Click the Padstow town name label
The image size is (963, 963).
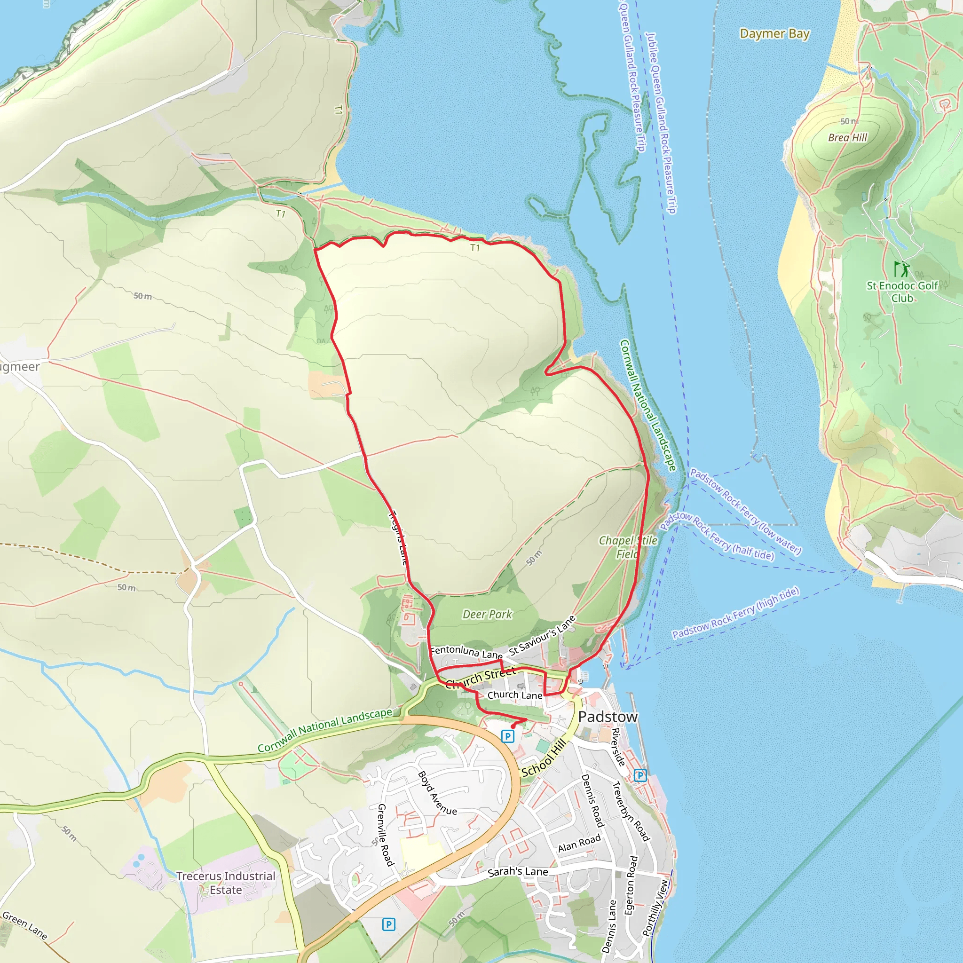608,717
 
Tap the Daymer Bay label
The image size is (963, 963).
774,34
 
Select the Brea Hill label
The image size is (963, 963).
847,138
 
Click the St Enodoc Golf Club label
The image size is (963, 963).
902,292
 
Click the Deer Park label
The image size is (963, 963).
487,614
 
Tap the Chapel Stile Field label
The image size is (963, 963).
628,547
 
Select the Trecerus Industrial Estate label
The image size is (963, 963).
225,883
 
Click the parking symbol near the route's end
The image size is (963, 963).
507,736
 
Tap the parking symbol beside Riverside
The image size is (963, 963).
640,775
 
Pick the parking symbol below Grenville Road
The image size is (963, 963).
389,924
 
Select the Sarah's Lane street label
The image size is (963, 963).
517,872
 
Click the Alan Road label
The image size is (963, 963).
579,844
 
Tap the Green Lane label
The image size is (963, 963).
25,925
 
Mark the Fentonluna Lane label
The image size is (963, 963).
466,652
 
